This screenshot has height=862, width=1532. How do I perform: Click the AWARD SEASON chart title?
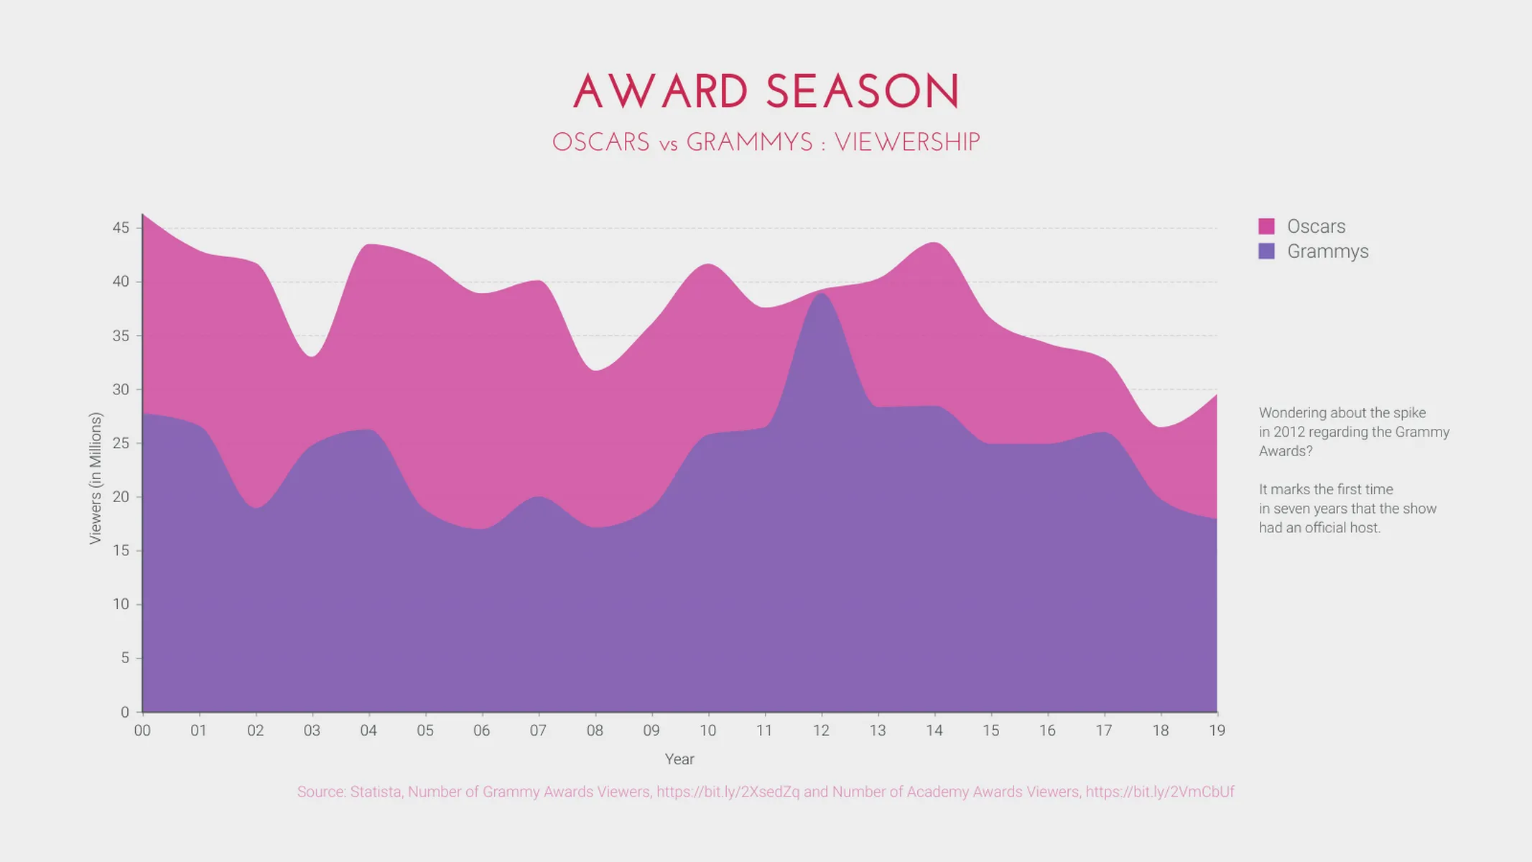[x=766, y=92]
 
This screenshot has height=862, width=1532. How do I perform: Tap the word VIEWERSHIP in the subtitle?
[x=907, y=142]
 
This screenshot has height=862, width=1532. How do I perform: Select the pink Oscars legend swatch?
[x=1266, y=226]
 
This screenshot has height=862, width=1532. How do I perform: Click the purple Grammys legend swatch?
[x=1266, y=251]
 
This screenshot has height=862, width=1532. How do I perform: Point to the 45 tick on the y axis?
[x=121, y=228]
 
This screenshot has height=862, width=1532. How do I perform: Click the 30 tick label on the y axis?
[x=121, y=389]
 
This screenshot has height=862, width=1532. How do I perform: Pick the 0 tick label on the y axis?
[x=125, y=712]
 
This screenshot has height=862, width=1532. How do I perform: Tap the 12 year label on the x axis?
[x=821, y=731]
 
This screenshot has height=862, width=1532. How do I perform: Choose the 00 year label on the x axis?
[x=142, y=731]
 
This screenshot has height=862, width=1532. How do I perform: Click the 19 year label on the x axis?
[x=1217, y=731]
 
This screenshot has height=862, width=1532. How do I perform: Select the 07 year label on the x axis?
[x=538, y=731]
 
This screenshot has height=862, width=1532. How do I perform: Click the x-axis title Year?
[x=679, y=759]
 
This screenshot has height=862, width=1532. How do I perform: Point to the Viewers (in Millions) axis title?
[x=96, y=478]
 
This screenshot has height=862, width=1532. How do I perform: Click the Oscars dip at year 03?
[x=312, y=356]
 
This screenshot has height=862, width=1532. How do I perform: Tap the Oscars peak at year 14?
[x=934, y=243]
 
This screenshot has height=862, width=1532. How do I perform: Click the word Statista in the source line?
[x=376, y=792]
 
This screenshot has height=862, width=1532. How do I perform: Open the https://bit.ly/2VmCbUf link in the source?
[x=1159, y=792]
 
